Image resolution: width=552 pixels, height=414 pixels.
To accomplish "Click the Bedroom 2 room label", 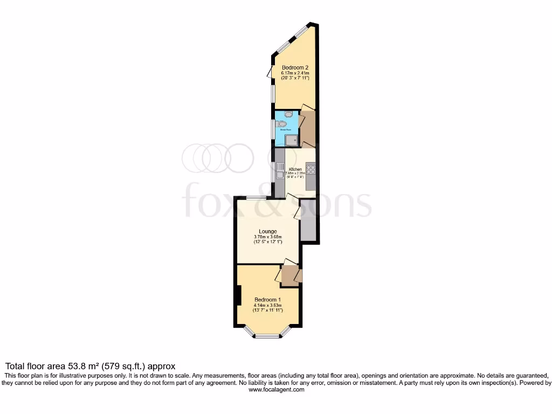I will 295,67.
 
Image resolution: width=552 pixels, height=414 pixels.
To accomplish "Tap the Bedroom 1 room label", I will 267,300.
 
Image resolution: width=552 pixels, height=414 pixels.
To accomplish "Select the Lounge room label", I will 267,232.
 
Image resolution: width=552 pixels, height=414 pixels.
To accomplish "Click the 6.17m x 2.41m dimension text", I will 295,73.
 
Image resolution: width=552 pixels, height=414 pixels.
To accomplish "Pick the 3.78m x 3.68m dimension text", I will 267,237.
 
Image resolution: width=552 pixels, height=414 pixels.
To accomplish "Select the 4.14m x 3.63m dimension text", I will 267,305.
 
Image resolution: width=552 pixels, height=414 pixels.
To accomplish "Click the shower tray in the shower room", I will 292,140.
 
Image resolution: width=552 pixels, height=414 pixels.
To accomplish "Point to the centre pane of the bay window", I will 267,337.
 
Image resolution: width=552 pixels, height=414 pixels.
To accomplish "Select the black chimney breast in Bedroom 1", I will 238,295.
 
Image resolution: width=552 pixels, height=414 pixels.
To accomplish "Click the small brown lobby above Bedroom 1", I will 290,274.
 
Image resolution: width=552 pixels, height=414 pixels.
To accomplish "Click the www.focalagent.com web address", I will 276,390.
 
